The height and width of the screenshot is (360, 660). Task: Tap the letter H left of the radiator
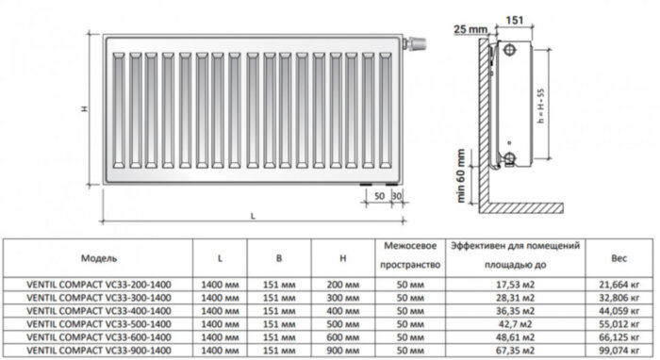[84, 109]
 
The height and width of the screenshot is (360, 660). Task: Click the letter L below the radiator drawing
[253, 216]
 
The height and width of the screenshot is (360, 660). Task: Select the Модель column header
[99, 256]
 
